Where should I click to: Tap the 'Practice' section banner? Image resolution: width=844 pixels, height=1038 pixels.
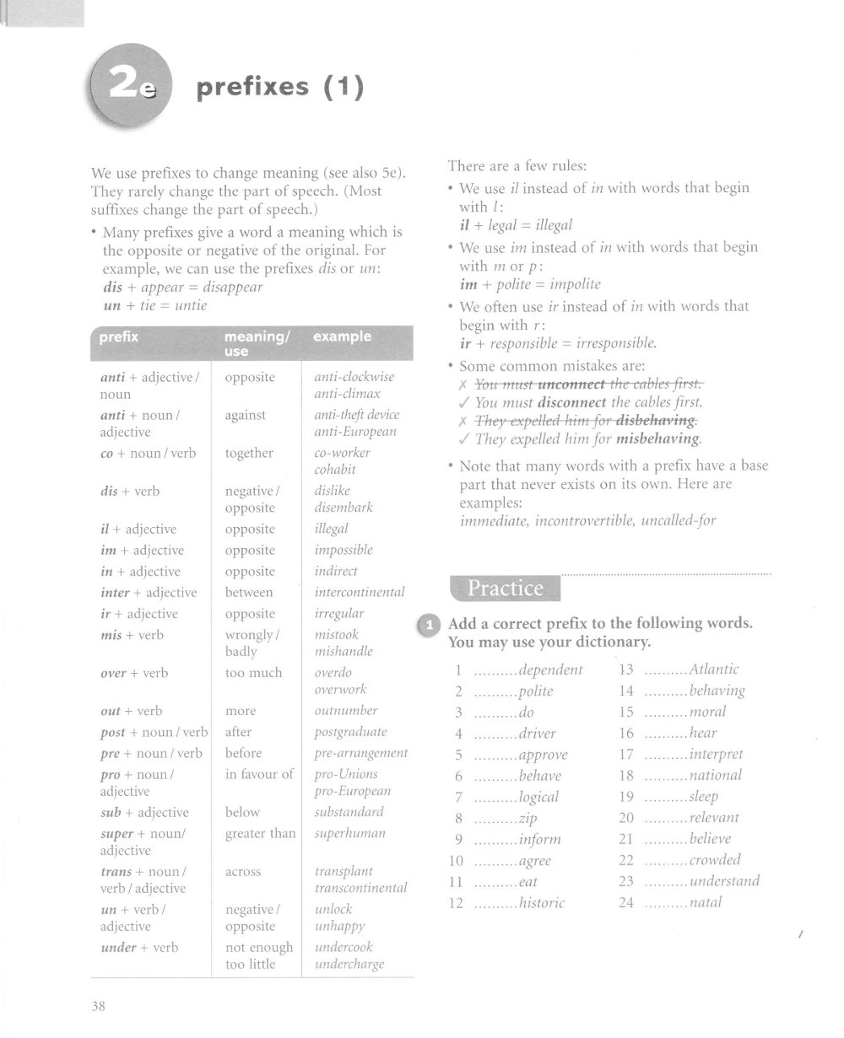pyautogui.click(x=506, y=588)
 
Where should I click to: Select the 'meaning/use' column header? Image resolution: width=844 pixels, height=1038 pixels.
pyautogui.click(x=257, y=342)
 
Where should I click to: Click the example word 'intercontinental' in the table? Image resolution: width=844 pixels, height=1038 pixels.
pyautogui.click(x=360, y=592)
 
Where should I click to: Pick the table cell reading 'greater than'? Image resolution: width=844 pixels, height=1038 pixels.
pyautogui.click(x=261, y=833)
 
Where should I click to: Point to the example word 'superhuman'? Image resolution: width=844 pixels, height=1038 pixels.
pyautogui.click(x=349, y=833)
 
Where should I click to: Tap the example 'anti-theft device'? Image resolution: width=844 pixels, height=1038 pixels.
pyautogui.click(x=356, y=415)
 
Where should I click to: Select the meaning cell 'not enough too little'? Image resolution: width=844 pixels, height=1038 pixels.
pyautogui.click(x=259, y=955)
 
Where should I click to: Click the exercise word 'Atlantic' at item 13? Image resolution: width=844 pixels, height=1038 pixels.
pyautogui.click(x=714, y=670)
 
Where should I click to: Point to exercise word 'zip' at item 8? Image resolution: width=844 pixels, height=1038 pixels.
pyautogui.click(x=528, y=818)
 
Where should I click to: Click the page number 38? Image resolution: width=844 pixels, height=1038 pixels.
pyautogui.click(x=99, y=1005)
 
